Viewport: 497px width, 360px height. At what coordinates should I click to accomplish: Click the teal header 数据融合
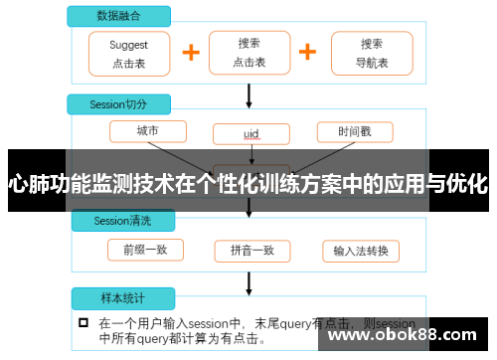118,17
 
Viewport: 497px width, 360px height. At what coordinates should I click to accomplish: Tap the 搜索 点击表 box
248,53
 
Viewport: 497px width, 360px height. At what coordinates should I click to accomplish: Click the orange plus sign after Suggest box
190,53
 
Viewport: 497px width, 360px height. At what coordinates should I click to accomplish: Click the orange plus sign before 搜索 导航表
308,53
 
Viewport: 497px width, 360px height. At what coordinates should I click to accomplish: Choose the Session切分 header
119,104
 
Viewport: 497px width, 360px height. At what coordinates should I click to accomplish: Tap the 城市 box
147,131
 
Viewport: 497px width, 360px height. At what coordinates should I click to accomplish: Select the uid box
250,133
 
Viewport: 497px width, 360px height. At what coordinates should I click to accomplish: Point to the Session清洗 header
119,220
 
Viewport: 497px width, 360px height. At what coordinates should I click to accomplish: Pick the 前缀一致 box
147,250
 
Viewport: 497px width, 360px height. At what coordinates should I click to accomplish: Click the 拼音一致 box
250,250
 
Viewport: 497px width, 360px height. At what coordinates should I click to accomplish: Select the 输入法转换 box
361,250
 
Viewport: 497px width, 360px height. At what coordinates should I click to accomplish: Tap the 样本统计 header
119,298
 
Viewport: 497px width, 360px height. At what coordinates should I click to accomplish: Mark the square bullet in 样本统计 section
83,323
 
